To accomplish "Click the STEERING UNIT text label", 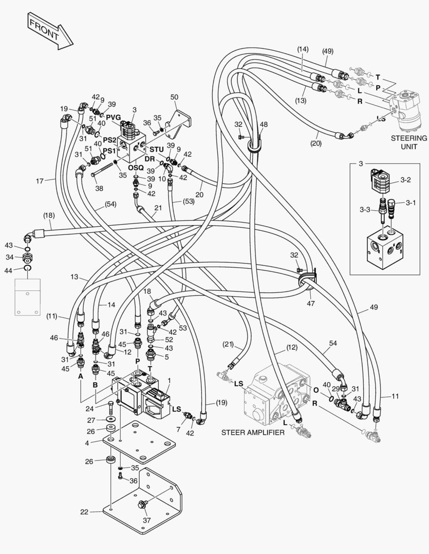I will coord(409,142).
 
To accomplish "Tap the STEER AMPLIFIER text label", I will coord(253,432).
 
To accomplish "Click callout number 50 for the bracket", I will coord(174,97).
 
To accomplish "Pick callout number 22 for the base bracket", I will coord(84,511).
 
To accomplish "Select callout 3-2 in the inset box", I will coord(408,181).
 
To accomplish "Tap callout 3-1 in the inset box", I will coord(409,203).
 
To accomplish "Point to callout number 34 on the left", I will coord(9,256).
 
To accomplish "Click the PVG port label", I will coord(114,117).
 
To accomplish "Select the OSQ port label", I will coord(136,168).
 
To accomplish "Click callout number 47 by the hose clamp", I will coord(310,304).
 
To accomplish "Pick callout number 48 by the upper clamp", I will coord(264,124).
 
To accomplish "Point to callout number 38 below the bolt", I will coord(99,188).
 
